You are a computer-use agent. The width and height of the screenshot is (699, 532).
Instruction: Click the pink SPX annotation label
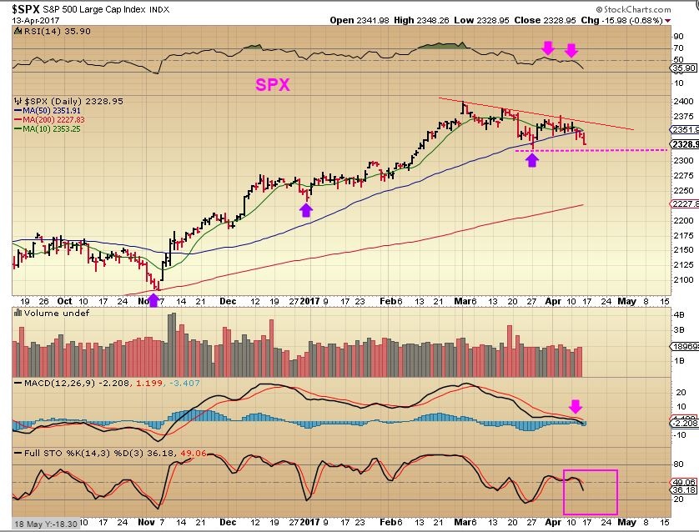coord(273,85)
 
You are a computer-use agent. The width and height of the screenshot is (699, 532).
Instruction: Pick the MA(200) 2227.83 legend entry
coord(55,119)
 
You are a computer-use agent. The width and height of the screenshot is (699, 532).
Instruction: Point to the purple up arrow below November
coord(153,299)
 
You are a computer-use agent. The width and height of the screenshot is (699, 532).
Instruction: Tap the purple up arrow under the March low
coord(531,158)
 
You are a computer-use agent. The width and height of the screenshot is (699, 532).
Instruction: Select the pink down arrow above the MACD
coord(576,406)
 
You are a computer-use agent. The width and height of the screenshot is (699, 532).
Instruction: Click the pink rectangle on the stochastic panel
coord(590,492)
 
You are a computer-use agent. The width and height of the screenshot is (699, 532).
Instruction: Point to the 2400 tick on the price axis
coord(683,101)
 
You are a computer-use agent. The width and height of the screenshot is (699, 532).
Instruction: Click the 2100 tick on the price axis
coord(683,280)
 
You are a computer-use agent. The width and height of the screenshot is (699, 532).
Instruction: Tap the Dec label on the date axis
coord(229,301)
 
